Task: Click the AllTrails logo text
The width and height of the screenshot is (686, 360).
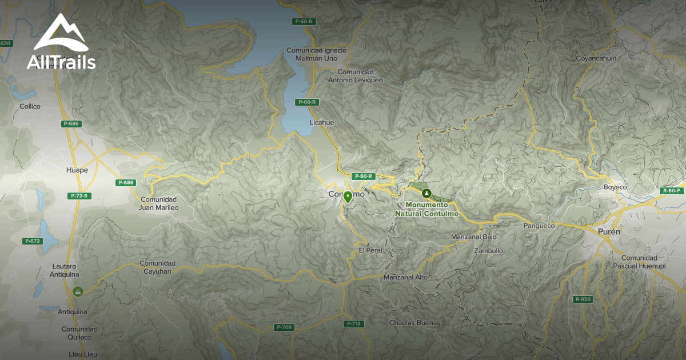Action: tap(61, 62)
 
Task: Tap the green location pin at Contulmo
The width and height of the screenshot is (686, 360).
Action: tap(348, 197)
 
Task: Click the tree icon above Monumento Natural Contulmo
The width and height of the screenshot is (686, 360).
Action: tap(425, 193)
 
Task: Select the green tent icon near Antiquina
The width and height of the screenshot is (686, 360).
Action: tap(78, 291)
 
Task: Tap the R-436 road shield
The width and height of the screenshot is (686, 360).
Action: tap(583, 299)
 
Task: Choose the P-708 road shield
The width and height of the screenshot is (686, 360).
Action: tap(284, 327)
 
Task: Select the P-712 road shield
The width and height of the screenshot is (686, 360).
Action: tap(354, 324)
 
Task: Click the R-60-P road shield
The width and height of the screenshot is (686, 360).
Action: tap(672, 191)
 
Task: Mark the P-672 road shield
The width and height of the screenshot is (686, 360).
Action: tap(33, 241)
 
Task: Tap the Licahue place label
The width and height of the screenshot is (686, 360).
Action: tap(321, 123)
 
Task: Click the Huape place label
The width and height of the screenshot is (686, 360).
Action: tap(77, 170)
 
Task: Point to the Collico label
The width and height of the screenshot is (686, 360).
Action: tap(30, 106)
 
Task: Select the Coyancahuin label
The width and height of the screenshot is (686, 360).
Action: tap(596, 58)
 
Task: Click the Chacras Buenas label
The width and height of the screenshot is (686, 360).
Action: tap(414, 323)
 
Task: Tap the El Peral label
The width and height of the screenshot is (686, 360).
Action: tap(370, 250)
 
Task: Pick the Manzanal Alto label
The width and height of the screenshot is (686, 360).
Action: tap(406, 278)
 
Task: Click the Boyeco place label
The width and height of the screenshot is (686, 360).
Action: tap(615, 187)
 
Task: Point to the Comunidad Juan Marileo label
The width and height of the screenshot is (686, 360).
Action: tap(159, 203)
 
